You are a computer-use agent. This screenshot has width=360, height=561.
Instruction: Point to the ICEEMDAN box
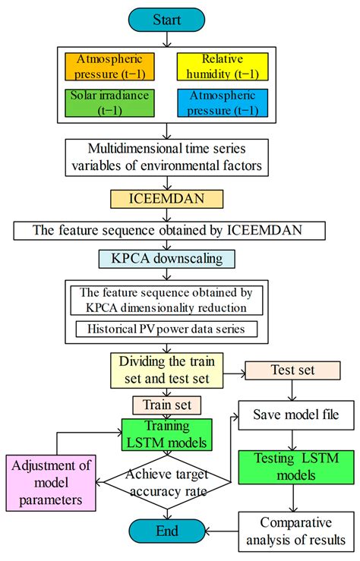(x=166, y=200)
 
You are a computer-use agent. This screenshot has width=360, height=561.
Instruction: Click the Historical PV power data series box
(x=166, y=328)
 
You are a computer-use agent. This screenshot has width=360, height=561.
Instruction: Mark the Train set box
(x=166, y=404)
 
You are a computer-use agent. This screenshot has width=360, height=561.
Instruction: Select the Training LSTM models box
(x=166, y=434)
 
